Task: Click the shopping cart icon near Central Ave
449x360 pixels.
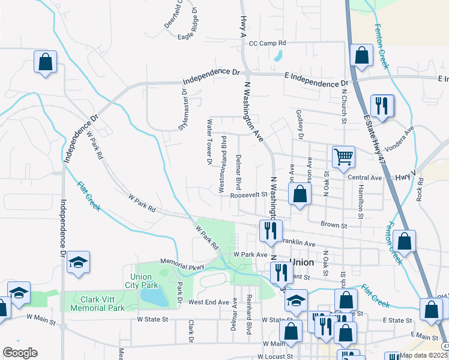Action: tap(343, 157)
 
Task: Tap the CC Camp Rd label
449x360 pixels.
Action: tap(268, 43)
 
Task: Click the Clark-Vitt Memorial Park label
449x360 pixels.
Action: tap(97, 302)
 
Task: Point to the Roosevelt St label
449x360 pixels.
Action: tap(247, 194)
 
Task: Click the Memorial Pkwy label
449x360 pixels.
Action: tap(182, 263)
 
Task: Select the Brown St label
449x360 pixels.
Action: tap(334, 225)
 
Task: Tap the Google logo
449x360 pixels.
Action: tap(20, 352)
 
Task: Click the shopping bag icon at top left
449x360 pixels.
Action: tap(45, 61)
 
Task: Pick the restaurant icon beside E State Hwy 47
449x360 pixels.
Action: tap(382, 106)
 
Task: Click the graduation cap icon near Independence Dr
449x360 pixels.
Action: tap(78, 262)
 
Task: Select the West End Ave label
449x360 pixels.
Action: tap(209, 302)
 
